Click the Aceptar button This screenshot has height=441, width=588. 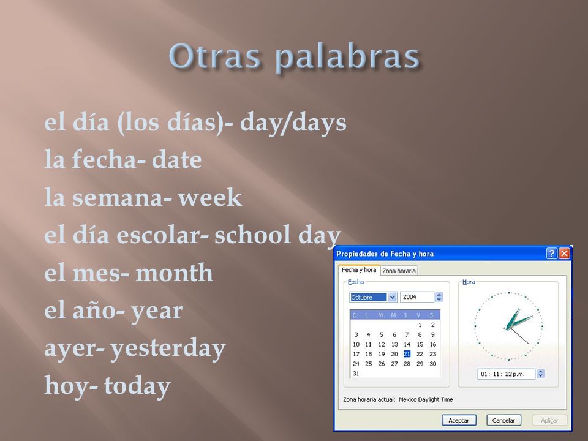(459, 420)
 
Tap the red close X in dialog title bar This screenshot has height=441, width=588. (564, 254)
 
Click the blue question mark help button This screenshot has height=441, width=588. (551, 254)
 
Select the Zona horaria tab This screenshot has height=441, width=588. (399, 271)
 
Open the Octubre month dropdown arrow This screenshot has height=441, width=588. (392, 297)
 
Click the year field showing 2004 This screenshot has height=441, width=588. (417, 297)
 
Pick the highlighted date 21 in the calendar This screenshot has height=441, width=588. (407, 354)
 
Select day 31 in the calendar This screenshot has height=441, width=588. (356, 374)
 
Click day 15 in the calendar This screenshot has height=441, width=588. (420, 344)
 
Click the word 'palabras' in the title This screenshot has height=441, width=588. (347, 56)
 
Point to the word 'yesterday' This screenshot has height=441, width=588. (168, 349)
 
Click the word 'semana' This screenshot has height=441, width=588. (118, 197)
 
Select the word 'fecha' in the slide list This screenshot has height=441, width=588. (104, 159)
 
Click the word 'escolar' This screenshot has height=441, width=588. (159, 235)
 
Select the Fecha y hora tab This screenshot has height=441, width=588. (359, 270)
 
